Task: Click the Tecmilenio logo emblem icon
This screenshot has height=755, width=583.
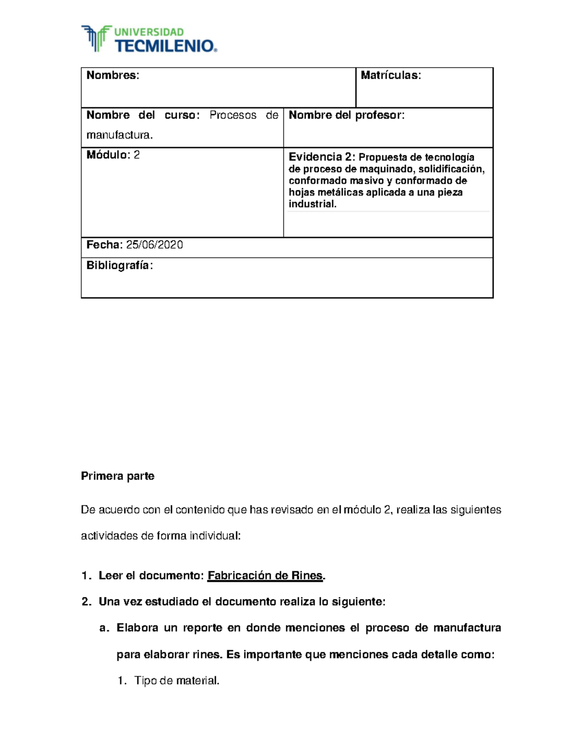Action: (x=96, y=38)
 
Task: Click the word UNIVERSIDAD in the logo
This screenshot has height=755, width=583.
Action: (x=149, y=32)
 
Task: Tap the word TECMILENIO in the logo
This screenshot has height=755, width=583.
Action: (x=164, y=46)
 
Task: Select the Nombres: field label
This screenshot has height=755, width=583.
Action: (x=113, y=75)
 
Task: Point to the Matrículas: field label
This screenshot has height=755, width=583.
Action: (x=391, y=75)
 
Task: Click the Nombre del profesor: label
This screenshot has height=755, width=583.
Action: (x=346, y=115)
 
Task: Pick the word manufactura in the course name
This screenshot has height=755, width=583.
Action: (x=119, y=135)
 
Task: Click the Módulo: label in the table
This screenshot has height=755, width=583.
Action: (x=108, y=155)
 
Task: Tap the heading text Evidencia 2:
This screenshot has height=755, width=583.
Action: (x=322, y=157)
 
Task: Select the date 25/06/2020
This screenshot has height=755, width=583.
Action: (x=154, y=245)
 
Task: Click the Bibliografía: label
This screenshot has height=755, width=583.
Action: (x=120, y=265)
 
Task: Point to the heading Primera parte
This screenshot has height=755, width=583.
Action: (x=118, y=476)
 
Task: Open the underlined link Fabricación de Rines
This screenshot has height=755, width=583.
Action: (x=265, y=576)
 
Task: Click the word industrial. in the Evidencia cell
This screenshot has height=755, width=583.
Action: (x=312, y=204)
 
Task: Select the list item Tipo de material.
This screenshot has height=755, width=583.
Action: (x=177, y=681)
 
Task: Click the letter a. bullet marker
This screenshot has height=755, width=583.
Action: (x=103, y=628)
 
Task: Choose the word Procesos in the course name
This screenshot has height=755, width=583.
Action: (x=233, y=115)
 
